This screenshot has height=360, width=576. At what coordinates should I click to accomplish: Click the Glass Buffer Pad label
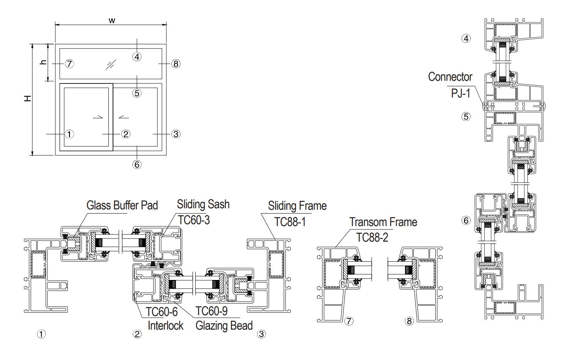122,206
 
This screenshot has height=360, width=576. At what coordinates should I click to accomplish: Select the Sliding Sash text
203,204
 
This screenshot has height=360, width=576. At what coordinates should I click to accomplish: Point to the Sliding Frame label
297,206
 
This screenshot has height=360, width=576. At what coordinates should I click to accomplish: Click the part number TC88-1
290,222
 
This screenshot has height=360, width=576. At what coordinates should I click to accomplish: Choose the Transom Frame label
383,222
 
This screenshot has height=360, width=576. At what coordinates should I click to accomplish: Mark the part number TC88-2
372,237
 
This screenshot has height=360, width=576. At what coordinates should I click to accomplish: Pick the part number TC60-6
162,311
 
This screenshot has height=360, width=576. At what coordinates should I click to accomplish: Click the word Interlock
165,325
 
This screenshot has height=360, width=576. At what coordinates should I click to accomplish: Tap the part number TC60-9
212,311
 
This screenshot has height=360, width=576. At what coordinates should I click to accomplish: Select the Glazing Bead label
224,325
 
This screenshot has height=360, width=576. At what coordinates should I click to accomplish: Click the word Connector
450,77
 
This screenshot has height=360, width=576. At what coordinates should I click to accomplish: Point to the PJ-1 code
460,93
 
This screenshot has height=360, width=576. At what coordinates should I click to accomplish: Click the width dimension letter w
111,20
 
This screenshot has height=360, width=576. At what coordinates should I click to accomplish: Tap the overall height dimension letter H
27,99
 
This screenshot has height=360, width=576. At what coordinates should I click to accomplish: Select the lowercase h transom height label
44,63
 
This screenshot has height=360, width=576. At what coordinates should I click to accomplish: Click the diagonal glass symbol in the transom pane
110,64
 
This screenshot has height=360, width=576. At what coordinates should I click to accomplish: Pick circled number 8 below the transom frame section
409,321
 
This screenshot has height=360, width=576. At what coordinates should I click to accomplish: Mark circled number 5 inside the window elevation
137,93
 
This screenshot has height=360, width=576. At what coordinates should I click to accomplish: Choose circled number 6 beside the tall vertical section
466,220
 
